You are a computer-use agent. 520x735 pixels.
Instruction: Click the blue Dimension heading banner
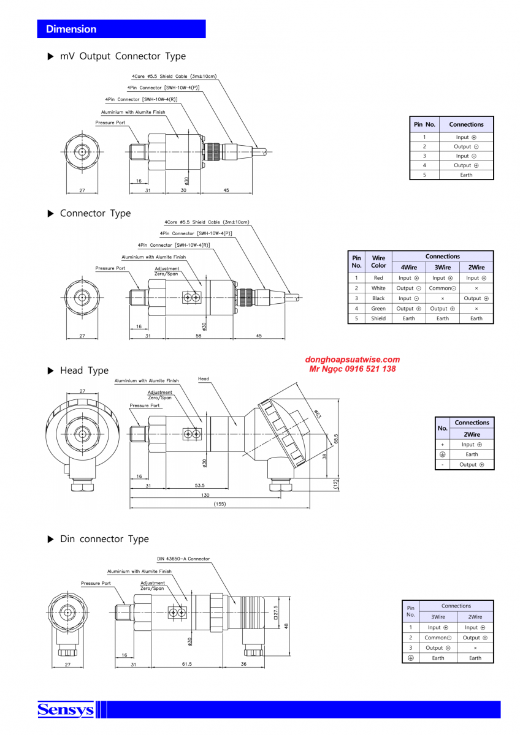[x=121, y=29]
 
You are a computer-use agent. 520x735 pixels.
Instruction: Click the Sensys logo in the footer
[x=66, y=710]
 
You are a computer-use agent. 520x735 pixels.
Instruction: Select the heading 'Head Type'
[x=84, y=371]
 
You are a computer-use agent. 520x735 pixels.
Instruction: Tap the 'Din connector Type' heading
[x=104, y=539]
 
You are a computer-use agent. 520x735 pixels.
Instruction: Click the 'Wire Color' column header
[x=378, y=262]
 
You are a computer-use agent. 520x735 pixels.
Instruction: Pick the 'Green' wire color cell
[x=378, y=309]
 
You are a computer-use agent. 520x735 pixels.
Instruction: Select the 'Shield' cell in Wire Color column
[x=378, y=318]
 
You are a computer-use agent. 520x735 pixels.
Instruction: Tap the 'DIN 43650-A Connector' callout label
[x=183, y=559]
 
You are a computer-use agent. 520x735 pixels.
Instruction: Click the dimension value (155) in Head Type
[x=220, y=504]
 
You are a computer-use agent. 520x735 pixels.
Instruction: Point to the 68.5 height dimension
[x=336, y=439]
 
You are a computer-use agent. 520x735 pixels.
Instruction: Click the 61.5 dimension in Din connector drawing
[x=187, y=664]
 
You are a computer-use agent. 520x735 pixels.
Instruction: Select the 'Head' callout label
[x=203, y=379]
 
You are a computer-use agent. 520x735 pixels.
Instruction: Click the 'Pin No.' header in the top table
[x=424, y=124]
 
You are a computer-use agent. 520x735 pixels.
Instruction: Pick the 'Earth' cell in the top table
[x=466, y=175]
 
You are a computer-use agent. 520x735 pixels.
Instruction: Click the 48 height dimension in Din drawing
[x=286, y=625]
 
